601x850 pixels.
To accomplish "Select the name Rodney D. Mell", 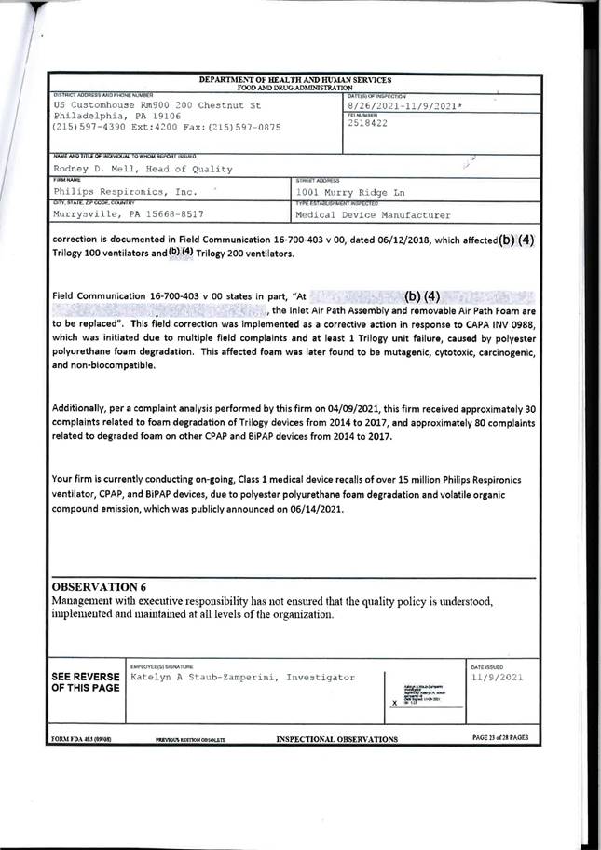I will (89, 169).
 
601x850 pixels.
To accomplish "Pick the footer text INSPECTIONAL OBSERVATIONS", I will (336, 739).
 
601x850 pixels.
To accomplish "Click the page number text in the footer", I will (500, 738).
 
